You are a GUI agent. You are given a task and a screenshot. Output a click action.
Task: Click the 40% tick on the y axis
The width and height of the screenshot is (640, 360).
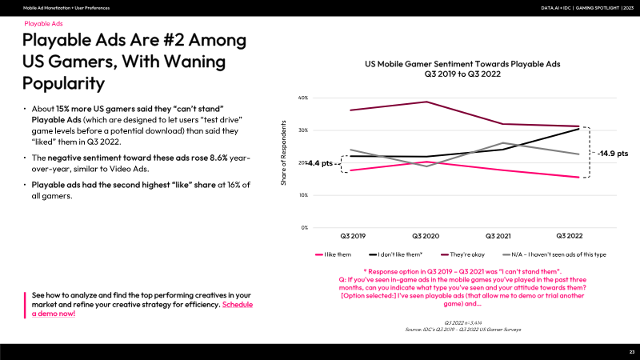pos(303,98)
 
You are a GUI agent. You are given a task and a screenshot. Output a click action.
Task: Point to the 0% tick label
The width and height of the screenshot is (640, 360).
pos(305,228)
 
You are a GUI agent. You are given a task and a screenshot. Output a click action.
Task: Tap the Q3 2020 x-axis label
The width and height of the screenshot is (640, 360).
pos(426,237)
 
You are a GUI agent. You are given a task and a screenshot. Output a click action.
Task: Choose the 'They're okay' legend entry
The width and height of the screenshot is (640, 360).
pos(466,254)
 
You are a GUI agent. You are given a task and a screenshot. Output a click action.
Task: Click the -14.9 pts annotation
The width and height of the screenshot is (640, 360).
pos(613,152)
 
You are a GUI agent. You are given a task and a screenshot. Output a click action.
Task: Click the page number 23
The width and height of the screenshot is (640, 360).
pos(631,352)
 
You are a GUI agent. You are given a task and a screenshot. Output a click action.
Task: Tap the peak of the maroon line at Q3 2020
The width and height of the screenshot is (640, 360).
pos(426,102)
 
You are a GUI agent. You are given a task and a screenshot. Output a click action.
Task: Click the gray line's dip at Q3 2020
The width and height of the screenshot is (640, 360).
pos(426,166)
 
